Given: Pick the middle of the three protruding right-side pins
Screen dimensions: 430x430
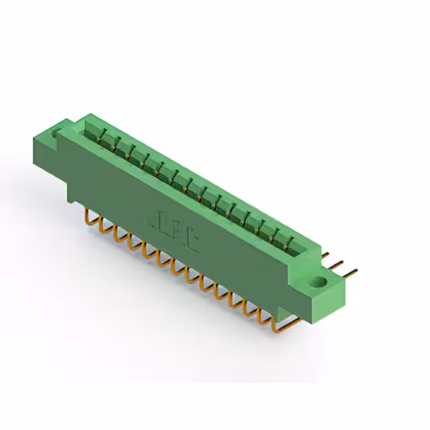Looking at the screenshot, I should tap(342, 266).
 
